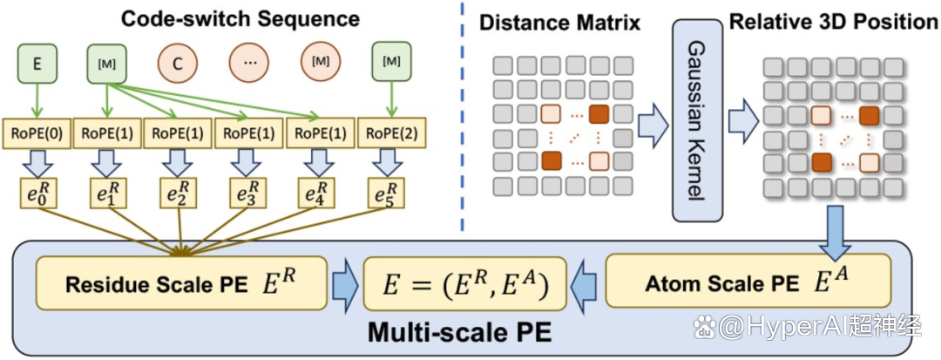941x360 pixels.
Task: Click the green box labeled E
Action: tap(37, 61)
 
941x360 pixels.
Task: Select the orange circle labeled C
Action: tap(177, 61)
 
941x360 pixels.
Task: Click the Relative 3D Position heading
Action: tap(833, 22)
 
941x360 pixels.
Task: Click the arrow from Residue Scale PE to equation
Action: tap(346, 283)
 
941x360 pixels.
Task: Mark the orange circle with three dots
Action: tap(248, 61)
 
